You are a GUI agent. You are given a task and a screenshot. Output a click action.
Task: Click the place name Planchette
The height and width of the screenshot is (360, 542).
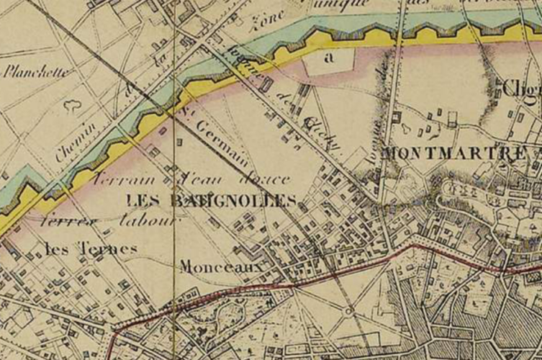point(38,72)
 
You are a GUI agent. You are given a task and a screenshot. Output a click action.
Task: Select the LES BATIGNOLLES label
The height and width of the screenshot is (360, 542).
point(210,199)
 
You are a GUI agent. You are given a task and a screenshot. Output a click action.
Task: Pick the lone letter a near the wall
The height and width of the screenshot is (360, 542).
point(330,60)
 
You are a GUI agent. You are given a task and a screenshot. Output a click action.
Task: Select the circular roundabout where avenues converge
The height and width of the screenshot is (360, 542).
point(348,311)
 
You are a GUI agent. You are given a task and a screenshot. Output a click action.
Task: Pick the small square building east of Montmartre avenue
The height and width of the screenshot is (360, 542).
point(396,115)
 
